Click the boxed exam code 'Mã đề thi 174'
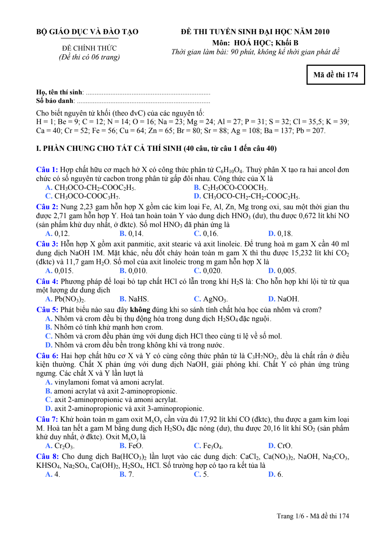pos(335,75)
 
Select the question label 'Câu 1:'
pos(47,170)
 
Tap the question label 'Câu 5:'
pos(47,310)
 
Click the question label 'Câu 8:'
pos(47,457)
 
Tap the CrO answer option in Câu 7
pos(284,446)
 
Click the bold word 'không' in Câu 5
pos(140,310)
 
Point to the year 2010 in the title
pos(322,32)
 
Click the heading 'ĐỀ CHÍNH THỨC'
pos(89,48)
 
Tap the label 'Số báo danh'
pos(55,101)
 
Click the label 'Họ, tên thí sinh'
pos(59,92)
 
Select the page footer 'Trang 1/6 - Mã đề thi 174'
pos(312,516)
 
